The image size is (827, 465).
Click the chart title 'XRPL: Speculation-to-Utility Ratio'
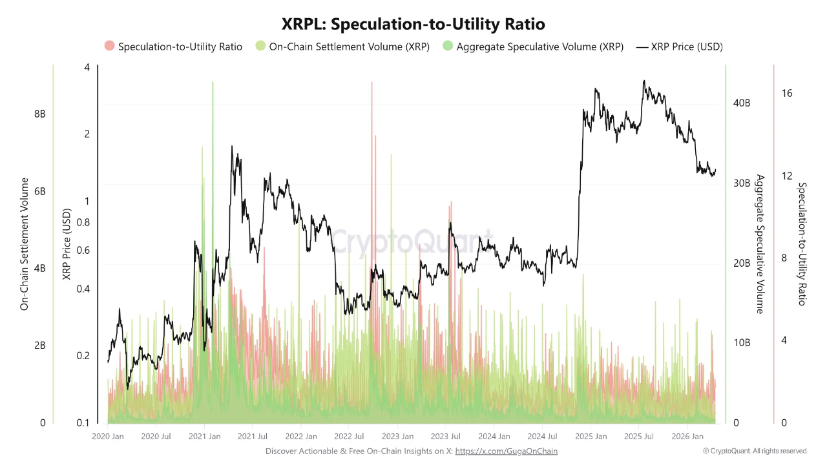[x=413, y=24]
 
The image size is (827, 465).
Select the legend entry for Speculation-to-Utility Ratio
[x=173, y=46]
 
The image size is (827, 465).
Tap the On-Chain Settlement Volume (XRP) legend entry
[x=342, y=46]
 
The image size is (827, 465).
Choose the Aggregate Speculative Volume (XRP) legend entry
[x=533, y=46]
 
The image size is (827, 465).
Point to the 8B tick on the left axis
[x=39, y=114]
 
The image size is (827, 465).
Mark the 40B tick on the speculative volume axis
[x=741, y=103]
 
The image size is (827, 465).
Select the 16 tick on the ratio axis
[x=786, y=93]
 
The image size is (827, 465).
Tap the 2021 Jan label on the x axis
[x=204, y=437]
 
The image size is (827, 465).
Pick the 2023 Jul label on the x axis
[x=446, y=437]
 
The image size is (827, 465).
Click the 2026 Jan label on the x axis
[x=687, y=437]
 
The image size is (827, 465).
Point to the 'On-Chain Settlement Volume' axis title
[x=25, y=244]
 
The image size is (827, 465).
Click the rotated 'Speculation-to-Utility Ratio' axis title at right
[x=802, y=244]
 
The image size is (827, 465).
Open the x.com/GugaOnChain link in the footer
[x=506, y=451]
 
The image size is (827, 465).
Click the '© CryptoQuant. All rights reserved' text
[x=755, y=451]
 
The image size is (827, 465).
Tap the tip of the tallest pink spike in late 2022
[x=372, y=83]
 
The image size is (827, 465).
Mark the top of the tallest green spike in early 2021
[x=213, y=83]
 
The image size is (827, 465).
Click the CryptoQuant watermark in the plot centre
[x=412, y=242]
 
